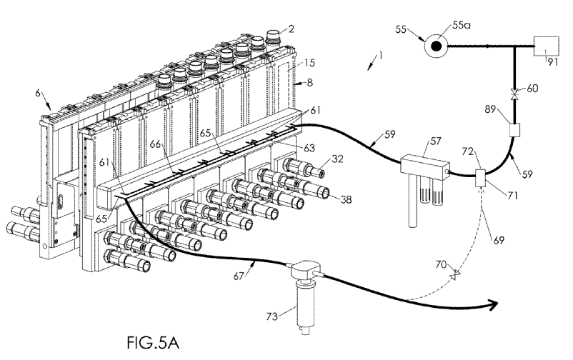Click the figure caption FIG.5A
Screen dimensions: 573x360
(153, 342)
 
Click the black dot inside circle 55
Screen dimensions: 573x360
(436, 46)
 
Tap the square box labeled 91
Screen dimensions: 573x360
(547, 46)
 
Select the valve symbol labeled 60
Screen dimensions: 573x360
(515, 94)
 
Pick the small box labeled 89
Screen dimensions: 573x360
(515, 130)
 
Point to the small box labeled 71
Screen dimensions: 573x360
(480, 178)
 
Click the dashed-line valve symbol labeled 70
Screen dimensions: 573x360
(455, 275)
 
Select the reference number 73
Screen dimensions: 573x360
(272, 316)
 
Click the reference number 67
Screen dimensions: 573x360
(239, 276)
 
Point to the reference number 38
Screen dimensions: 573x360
(346, 199)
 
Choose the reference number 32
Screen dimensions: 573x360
(338, 159)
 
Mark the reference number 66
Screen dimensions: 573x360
(156, 144)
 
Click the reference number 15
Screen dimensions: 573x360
(309, 63)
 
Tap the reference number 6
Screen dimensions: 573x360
(38, 93)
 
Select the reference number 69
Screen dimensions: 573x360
(499, 240)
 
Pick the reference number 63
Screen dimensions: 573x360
(309, 149)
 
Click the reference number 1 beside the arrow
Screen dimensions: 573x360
(380, 56)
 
